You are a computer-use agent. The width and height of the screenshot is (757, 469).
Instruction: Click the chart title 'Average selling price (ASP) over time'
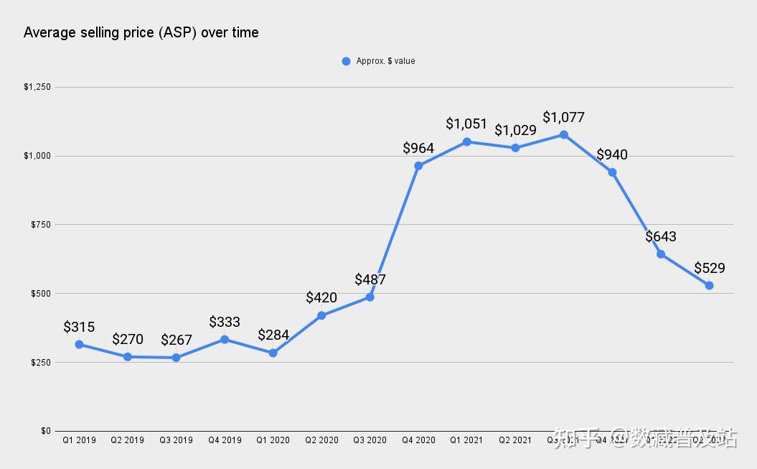141,32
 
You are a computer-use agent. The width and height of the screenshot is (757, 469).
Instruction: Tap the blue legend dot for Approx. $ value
346,61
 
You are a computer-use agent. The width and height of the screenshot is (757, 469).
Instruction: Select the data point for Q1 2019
79,345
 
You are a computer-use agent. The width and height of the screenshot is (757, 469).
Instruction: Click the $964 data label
418,149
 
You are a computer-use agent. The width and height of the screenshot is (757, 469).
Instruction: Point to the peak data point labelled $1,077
564,135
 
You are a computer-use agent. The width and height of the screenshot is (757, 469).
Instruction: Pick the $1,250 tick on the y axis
37,87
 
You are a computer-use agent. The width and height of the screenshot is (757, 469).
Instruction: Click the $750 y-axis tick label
40,225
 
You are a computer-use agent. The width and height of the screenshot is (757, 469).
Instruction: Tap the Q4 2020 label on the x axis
418,440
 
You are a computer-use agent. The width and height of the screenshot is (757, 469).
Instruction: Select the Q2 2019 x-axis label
127,440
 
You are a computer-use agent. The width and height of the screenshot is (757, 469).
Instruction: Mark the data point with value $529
709,286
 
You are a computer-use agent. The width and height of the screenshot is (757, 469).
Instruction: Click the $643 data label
661,236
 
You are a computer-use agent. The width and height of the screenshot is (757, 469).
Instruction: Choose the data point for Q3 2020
370,297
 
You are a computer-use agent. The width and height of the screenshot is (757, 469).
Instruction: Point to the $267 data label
176,340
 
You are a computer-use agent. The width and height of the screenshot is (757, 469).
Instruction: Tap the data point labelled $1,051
467,141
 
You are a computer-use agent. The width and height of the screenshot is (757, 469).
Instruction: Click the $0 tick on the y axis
45,431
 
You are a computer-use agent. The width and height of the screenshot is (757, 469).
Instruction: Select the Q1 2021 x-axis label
466,440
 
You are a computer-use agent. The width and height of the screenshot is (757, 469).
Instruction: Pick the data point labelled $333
225,340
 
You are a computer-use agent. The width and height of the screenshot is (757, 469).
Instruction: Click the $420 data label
321,297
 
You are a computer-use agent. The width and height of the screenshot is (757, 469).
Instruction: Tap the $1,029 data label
515,130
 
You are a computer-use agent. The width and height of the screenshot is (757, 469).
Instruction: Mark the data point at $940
612,172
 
